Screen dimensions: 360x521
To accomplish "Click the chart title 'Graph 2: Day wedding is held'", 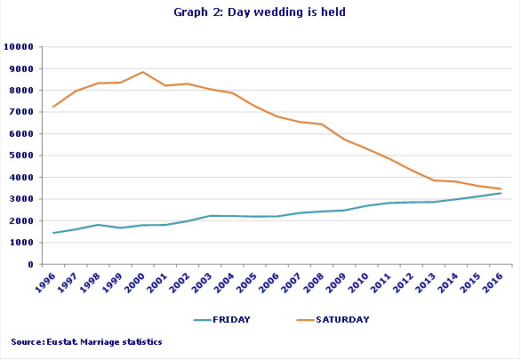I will point(260,12).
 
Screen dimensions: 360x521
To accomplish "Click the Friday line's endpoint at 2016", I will point(501,193).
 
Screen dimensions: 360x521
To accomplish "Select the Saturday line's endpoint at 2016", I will point(501,188).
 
